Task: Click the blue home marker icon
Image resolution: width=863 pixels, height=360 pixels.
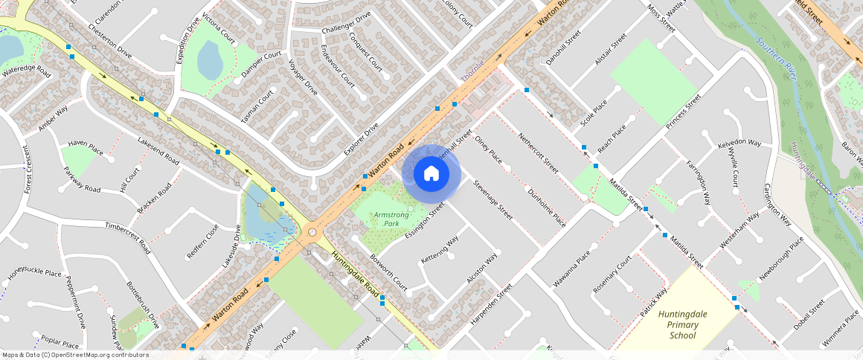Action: tap(431, 173)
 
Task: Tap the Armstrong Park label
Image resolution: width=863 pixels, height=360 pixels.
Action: tap(391, 219)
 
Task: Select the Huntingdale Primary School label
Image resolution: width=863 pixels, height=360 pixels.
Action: tap(682, 324)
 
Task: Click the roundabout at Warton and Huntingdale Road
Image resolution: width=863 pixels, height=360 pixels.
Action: tap(312, 232)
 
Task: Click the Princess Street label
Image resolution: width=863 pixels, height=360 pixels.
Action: tap(684, 112)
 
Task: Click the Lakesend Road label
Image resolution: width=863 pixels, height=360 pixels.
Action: tap(158, 151)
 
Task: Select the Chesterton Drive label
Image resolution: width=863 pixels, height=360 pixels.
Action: tap(109, 43)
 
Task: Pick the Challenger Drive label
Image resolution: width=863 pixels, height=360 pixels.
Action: tap(346, 22)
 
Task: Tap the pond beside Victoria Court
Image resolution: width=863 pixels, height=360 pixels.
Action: tap(210, 60)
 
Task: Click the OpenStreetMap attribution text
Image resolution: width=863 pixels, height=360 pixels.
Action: tap(74, 355)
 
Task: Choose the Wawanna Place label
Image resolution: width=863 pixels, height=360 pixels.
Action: tap(571, 269)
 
